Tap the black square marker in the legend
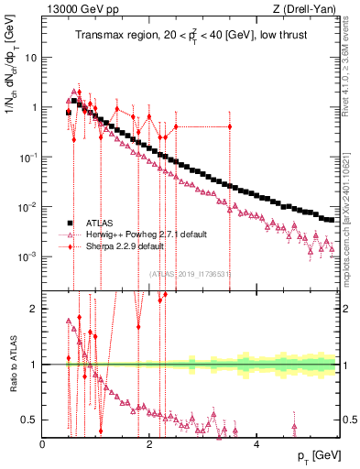point(69,223)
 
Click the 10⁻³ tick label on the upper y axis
point(28,256)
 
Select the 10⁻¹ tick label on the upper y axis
point(28,157)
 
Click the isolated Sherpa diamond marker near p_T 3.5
point(230,126)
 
